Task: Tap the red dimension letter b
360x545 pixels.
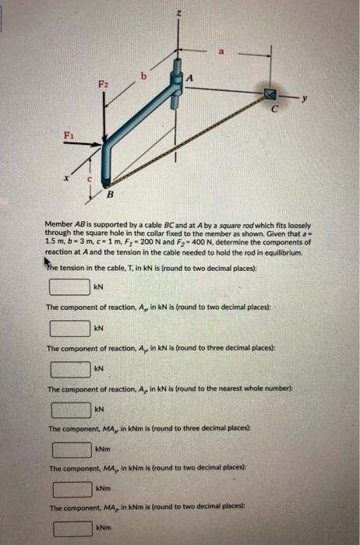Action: click(x=143, y=76)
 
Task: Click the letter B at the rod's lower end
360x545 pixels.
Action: click(x=110, y=193)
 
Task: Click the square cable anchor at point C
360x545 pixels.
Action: click(x=272, y=95)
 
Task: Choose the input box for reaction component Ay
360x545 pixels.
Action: click(x=69, y=367)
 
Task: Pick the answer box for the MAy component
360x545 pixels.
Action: click(x=72, y=490)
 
